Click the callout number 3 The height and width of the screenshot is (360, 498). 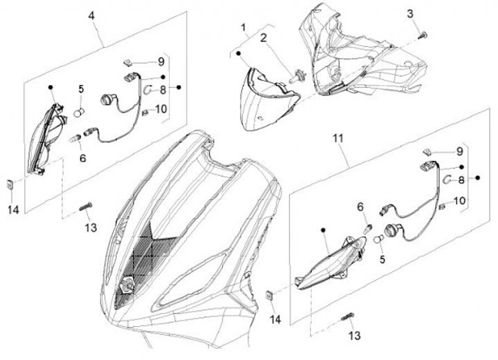[x=410, y=14]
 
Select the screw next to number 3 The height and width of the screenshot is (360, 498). [x=424, y=35]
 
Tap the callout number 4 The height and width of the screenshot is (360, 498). [x=92, y=16]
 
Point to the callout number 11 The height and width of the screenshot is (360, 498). [x=338, y=139]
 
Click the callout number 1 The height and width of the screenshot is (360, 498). [x=243, y=28]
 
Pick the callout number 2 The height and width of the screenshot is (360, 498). [x=264, y=38]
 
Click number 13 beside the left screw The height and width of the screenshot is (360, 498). [x=91, y=227]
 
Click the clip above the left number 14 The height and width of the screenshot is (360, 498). [x=10, y=184]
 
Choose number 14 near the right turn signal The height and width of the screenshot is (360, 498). [x=275, y=319]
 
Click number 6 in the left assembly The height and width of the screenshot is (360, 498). [x=83, y=158]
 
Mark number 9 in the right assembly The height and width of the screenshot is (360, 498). [x=459, y=151]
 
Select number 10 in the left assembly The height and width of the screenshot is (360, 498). [x=161, y=109]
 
